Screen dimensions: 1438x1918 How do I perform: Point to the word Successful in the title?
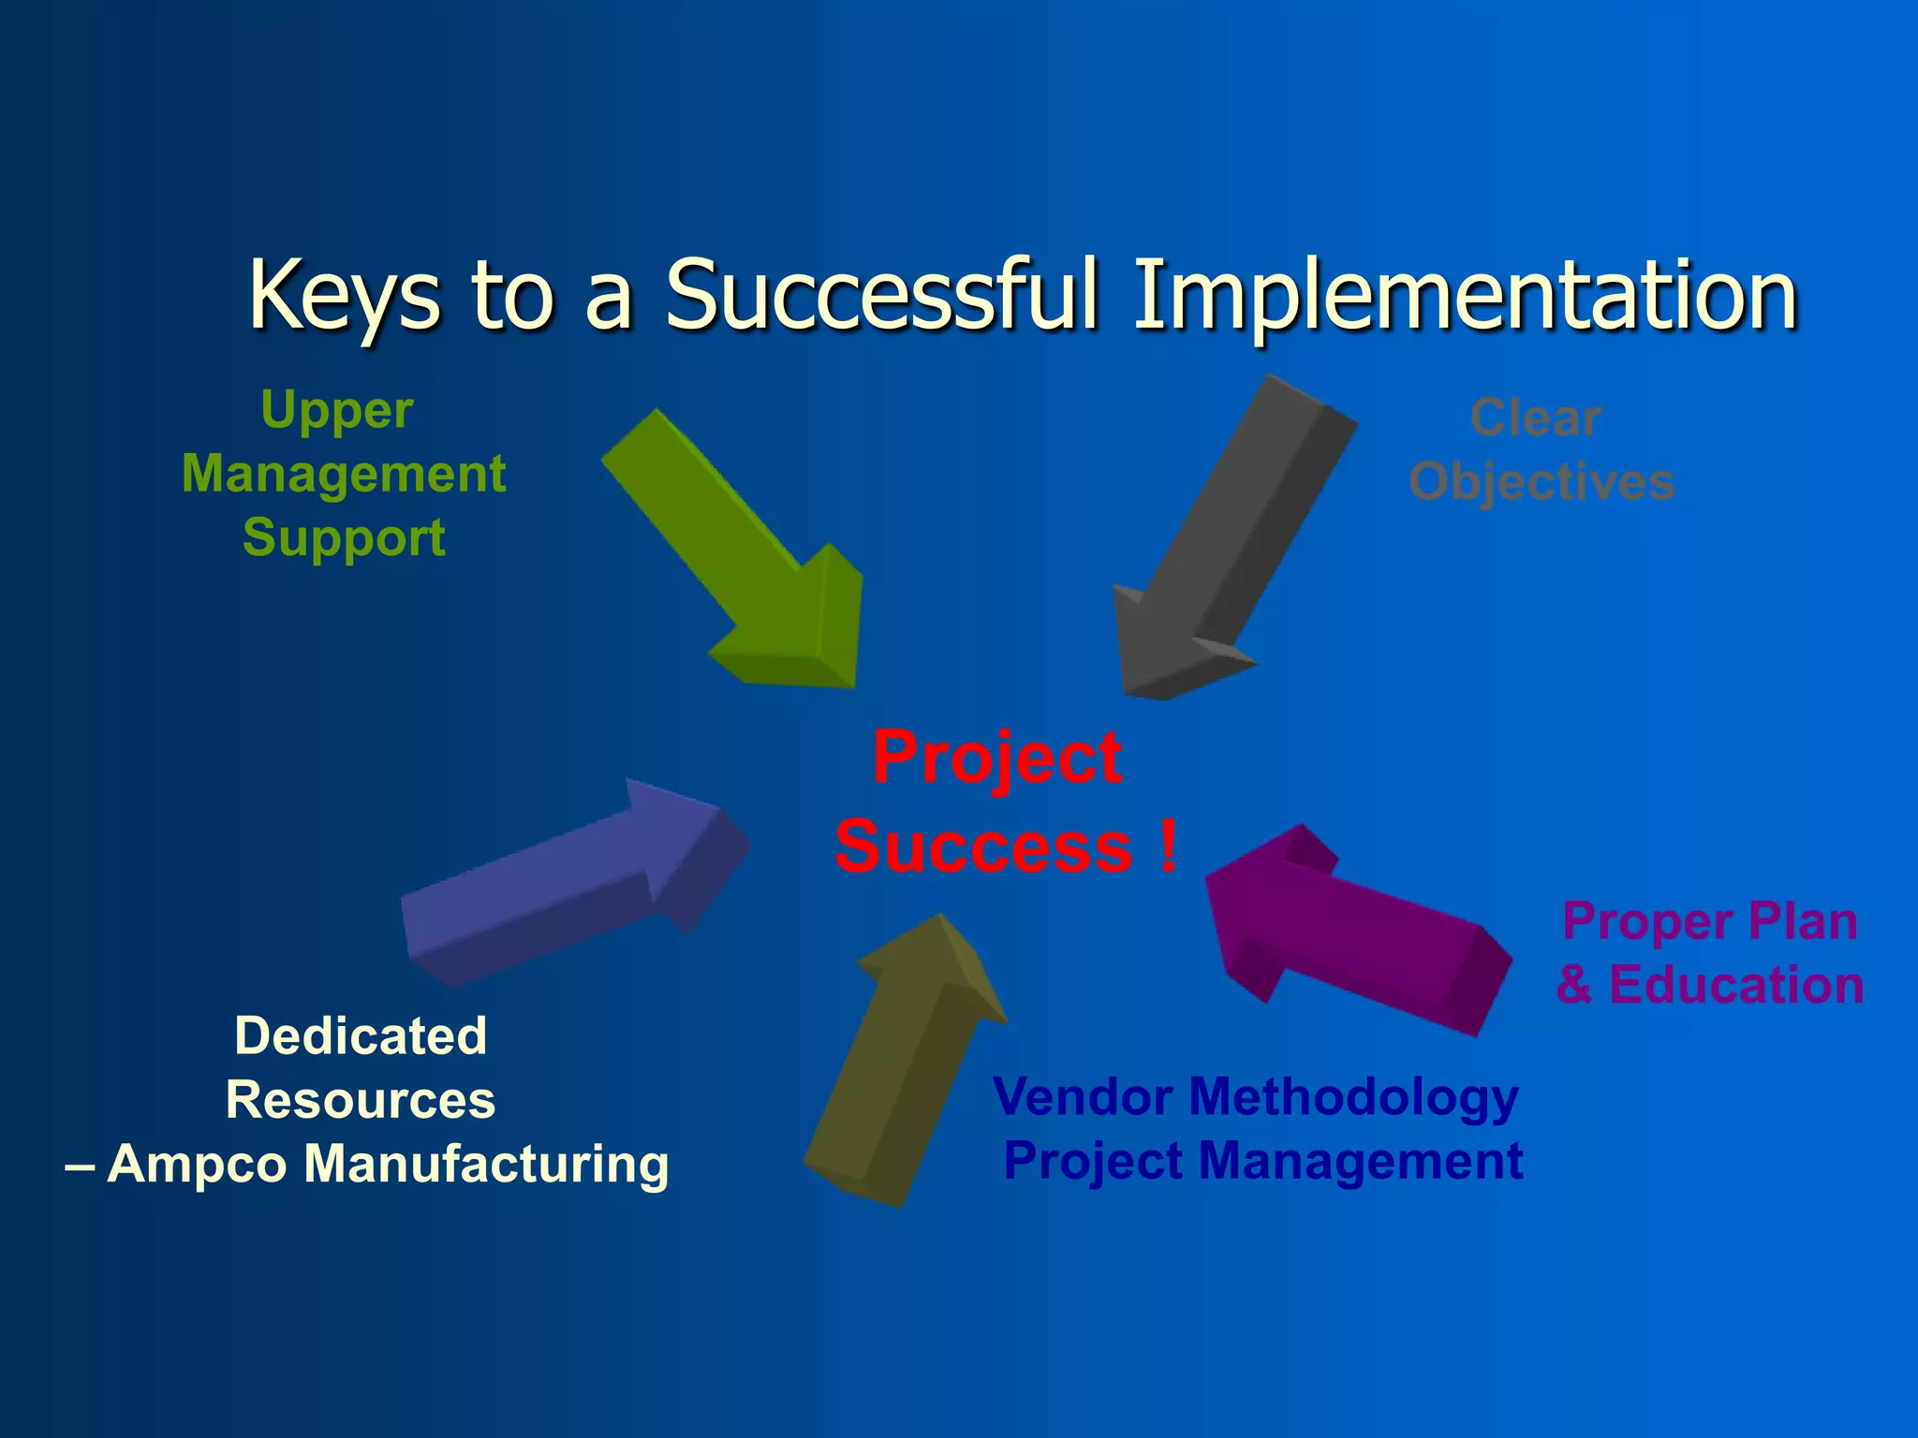pos(880,295)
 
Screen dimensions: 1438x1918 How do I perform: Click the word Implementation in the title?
pos(1466,295)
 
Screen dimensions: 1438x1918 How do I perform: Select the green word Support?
pos(344,538)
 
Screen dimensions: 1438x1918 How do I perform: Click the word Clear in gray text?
pos(1536,418)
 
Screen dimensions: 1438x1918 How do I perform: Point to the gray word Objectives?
pos(1542,482)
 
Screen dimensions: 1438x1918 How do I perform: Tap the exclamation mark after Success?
pos(1167,845)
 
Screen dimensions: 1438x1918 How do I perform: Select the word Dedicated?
pos(361,1035)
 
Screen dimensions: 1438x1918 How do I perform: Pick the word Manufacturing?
pos(487,1164)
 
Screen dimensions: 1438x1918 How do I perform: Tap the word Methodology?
pos(1353,1097)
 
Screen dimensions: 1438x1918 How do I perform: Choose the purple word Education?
pos(1735,985)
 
